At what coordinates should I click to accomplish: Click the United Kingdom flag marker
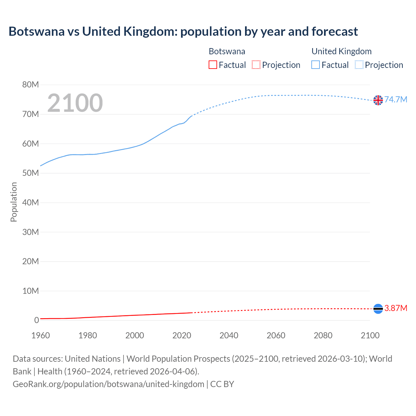click(x=378, y=100)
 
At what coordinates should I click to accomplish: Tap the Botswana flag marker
click(x=378, y=308)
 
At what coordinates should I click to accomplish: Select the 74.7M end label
click(x=396, y=99)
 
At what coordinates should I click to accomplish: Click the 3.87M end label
click(x=396, y=308)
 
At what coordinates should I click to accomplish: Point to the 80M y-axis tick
click(x=31, y=85)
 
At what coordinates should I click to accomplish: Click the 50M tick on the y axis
click(x=31, y=173)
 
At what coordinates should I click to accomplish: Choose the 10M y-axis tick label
click(x=31, y=291)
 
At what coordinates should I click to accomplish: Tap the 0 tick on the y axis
click(x=36, y=320)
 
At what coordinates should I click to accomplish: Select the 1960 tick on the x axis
click(x=41, y=335)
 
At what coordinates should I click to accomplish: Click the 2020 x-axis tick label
click(x=182, y=335)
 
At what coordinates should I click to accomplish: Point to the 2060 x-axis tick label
click(x=276, y=335)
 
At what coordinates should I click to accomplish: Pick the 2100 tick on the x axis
click(x=370, y=335)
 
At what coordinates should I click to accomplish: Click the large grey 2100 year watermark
click(x=75, y=103)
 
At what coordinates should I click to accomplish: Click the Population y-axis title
click(x=14, y=202)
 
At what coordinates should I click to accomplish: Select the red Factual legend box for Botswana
click(x=213, y=65)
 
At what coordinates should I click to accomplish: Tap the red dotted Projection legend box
click(x=256, y=65)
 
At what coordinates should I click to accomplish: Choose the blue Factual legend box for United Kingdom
click(x=316, y=65)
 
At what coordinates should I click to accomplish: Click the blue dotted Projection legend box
click(x=359, y=65)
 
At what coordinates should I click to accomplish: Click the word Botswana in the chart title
click(x=36, y=32)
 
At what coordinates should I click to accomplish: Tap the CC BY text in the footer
click(x=222, y=384)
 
